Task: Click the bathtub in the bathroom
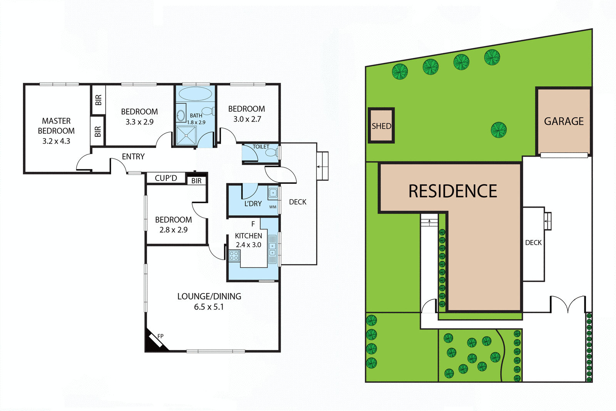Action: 195,94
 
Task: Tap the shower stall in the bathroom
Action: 186,135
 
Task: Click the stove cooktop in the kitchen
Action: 234,255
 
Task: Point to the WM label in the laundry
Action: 273,207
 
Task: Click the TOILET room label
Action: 261,147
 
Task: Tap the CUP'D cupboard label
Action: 166,178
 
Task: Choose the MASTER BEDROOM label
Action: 56,126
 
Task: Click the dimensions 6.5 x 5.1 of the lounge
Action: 209,307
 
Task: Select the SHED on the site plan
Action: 381,126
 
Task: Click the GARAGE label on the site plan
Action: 564,121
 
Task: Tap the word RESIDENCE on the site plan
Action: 453,191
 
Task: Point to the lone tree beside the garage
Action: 499,130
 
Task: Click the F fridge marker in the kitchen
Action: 253,224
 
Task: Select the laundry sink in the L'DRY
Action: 273,192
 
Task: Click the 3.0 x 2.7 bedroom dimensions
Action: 247,119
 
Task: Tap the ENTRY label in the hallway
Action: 133,156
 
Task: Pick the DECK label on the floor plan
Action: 298,202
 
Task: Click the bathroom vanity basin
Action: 181,115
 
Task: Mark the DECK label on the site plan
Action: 533,243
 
